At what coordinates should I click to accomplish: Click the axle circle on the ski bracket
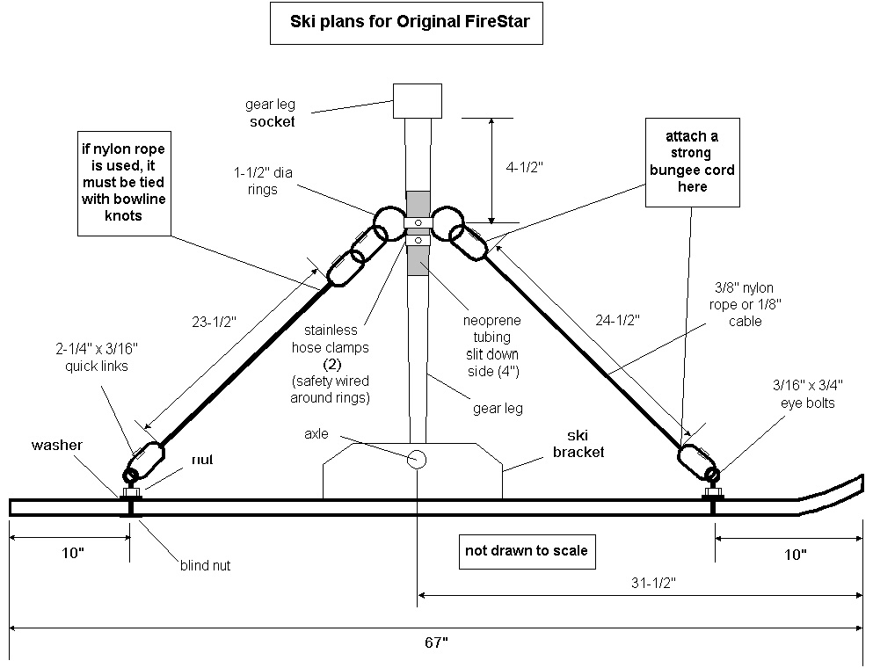point(416,459)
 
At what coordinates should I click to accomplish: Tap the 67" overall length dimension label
point(435,643)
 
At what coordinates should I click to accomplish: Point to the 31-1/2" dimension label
point(648,582)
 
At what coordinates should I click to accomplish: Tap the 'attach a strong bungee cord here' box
point(689,163)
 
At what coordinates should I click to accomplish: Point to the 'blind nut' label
point(204,566)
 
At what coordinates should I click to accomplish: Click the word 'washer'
point(57,446)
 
